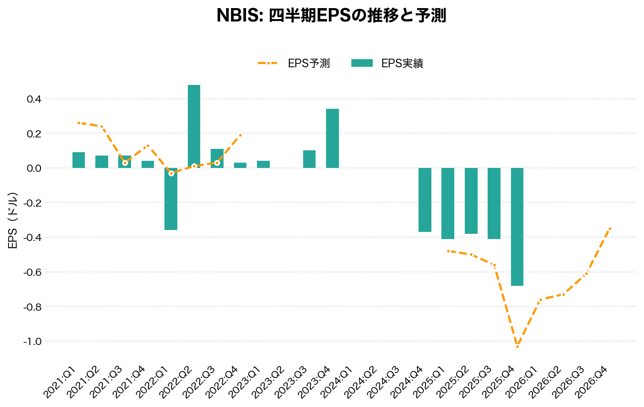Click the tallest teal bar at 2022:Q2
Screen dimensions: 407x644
(194, 126)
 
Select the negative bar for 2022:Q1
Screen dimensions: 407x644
(171, 199)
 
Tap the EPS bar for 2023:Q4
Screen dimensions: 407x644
(332, 138)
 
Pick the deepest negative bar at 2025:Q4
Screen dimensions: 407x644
(517, 227)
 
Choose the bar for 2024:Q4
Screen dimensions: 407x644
(425, 200)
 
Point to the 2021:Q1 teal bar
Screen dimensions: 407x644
(79, 160)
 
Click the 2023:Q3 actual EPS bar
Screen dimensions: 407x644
(309, 159)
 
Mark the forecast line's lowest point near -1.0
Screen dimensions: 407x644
(517, 346)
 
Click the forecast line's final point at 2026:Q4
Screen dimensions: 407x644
(610, 229)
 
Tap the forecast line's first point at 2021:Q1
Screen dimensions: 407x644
(79, 123)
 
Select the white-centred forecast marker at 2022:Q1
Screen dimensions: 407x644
(171, 173)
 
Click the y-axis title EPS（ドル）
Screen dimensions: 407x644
(13, 220)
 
